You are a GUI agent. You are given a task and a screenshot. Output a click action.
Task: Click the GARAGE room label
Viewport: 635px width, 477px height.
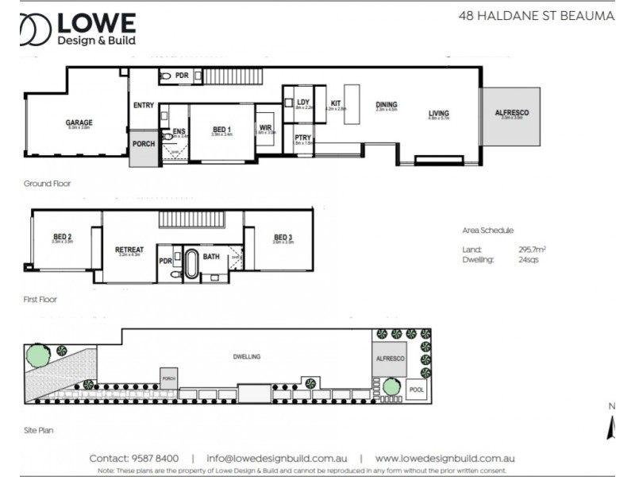[79, 122]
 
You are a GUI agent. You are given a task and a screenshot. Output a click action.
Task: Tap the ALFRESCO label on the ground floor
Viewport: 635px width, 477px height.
[511, 114]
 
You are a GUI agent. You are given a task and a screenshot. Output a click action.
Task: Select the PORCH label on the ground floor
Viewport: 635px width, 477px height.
[143, 144]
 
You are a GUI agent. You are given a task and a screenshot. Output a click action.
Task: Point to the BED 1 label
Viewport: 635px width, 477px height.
[221, 130]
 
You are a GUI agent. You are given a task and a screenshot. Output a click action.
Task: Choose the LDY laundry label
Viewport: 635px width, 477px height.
[303, 103]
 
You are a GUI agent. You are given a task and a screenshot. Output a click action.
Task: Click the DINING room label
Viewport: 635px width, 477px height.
[387, 105]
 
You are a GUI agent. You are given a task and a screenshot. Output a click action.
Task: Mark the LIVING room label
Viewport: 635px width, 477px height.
[439, 113]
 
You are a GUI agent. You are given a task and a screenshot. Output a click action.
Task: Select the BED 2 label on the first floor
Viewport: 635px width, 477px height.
[63, 237]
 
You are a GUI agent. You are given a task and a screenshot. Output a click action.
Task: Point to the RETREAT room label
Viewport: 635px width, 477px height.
[129, 250]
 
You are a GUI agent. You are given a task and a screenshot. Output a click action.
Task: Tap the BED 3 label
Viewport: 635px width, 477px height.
[283, 237]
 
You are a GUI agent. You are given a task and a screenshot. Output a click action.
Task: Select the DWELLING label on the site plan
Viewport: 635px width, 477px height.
[247, 357]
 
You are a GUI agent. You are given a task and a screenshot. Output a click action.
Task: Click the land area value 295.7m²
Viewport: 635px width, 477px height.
[532, 249]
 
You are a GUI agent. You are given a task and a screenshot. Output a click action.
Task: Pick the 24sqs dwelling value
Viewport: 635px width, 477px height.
[529, 259]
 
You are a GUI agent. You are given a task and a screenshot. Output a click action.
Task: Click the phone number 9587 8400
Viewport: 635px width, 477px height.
[156, 459]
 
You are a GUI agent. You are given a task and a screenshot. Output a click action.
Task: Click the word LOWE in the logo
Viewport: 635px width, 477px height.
[95, 23]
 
